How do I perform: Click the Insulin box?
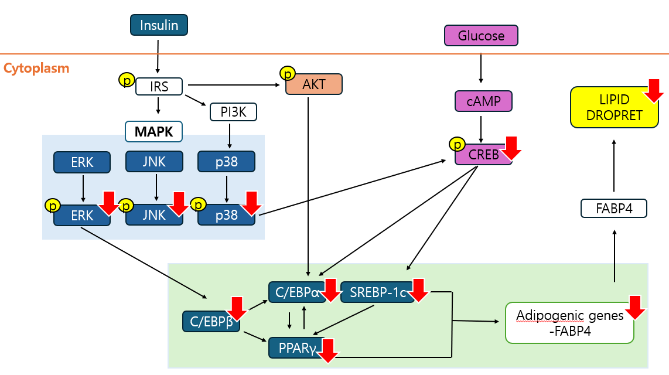click(158, 25)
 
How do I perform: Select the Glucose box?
click(481, 36)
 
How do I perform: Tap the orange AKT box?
click(314, 84)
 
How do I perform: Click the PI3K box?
click(233, 111)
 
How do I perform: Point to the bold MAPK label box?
click(154, 131)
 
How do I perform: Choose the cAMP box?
click(483, 101)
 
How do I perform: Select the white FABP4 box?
click(613, 209)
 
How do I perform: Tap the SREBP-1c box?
click(377, 292)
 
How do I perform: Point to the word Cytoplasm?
click(36, 68)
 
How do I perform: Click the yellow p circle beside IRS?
click(126, 79)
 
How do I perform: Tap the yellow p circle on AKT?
click(287, 73)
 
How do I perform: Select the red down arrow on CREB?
click(511, 148)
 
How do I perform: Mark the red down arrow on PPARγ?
click(329, 350)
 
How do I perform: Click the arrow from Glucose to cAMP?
click(481, 67)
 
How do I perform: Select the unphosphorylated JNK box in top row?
click(154, 162)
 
